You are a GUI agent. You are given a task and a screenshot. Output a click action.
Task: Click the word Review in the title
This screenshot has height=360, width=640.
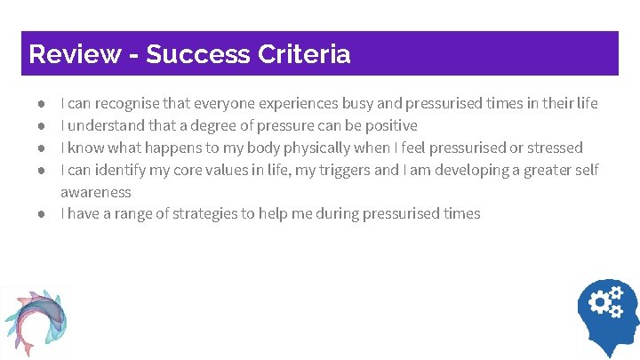click(75, 54)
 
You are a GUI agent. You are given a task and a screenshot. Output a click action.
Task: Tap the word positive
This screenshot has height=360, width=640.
click(388, 126)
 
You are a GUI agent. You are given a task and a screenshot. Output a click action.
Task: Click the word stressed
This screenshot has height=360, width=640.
click(551, 148)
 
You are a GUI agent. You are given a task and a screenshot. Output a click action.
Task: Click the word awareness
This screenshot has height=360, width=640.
click(95, 191)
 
